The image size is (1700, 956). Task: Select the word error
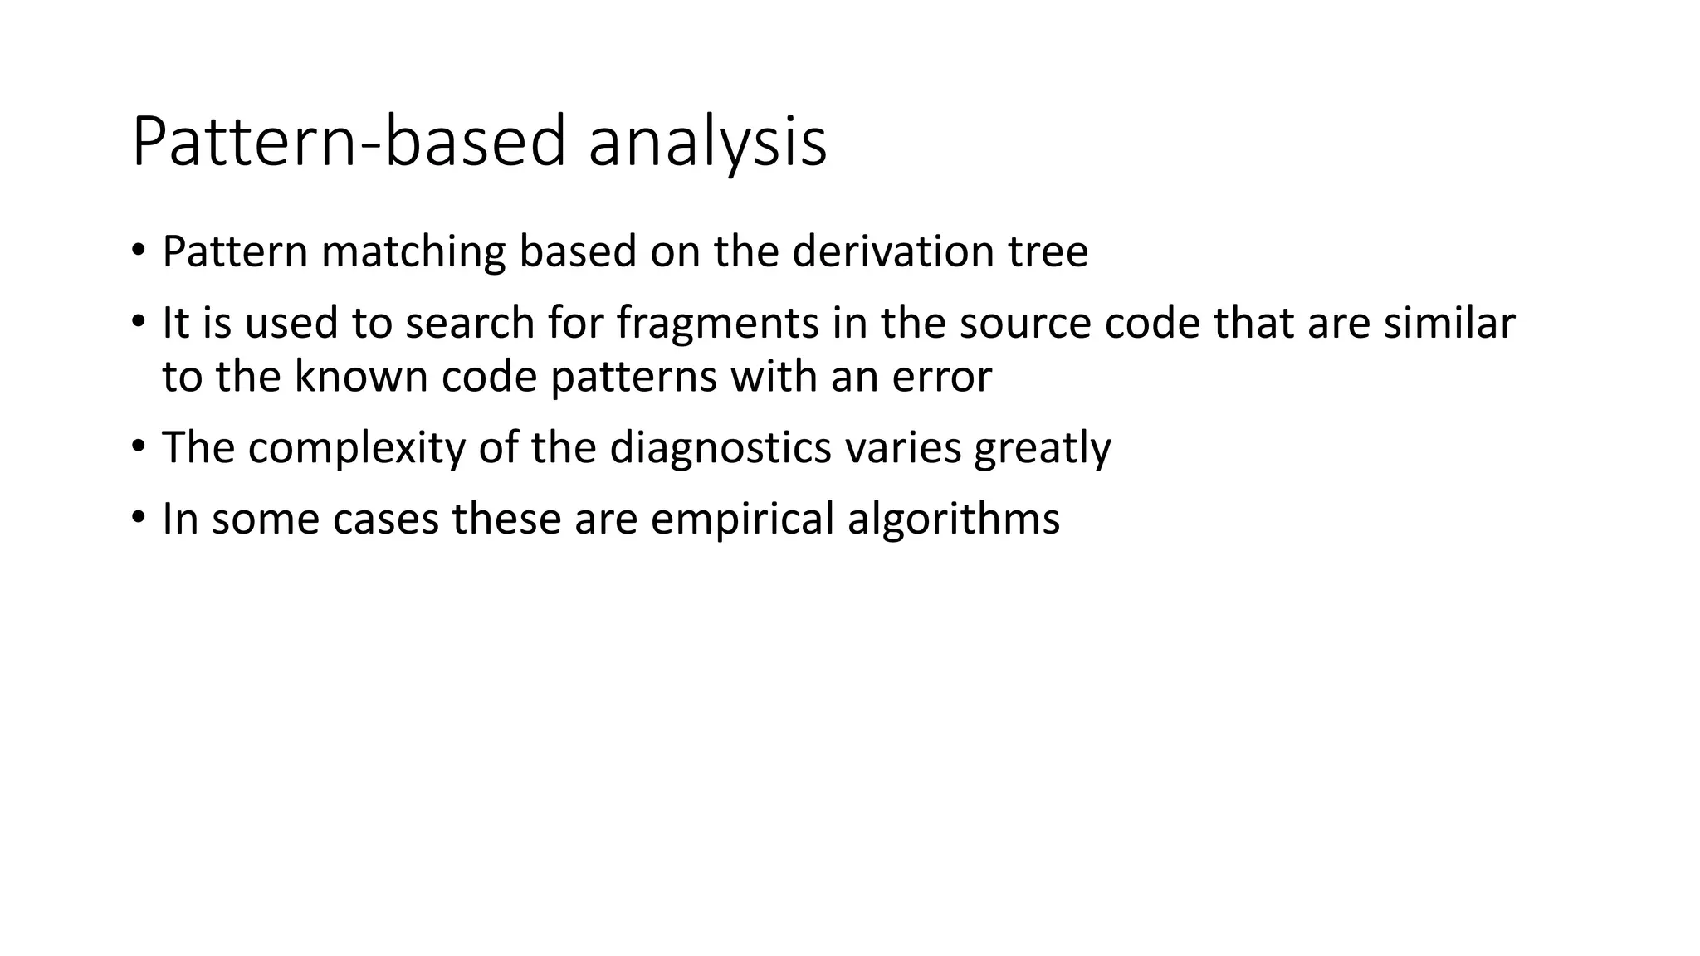(942, 377)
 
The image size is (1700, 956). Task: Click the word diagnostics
(720, 448)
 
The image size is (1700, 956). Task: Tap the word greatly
(1043, 448)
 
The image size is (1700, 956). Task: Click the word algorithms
(954, 519)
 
